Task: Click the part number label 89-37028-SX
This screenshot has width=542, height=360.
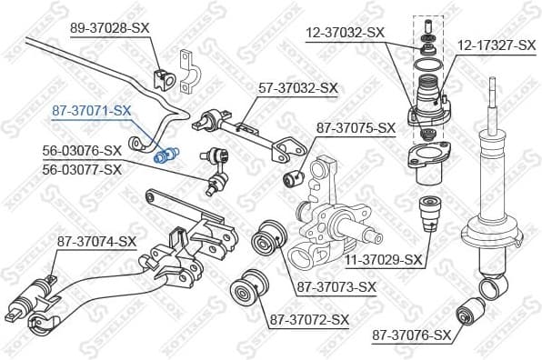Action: pos(109,28)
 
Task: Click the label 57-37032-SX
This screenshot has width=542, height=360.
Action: pos(298,88)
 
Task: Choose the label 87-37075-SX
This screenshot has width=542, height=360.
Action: pos(356,127)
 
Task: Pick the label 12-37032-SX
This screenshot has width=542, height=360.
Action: pos(345,32)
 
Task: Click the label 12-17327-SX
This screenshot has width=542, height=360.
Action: pos(496,43)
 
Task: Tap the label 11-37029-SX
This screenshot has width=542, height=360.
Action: pos(383,260)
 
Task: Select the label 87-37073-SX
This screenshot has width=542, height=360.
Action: pos(336,287)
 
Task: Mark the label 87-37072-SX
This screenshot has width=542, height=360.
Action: pos(308,319)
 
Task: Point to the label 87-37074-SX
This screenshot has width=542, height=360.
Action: pos(96,241)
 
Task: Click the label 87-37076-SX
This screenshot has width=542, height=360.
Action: pos(411,335)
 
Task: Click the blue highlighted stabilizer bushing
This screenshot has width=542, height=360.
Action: pos(166,155)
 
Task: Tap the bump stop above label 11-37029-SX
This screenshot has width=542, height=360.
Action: pos(428,216)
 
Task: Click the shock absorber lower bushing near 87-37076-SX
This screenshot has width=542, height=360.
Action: pos(478,305)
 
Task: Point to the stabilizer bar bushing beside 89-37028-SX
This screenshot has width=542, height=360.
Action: pos(165,79)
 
